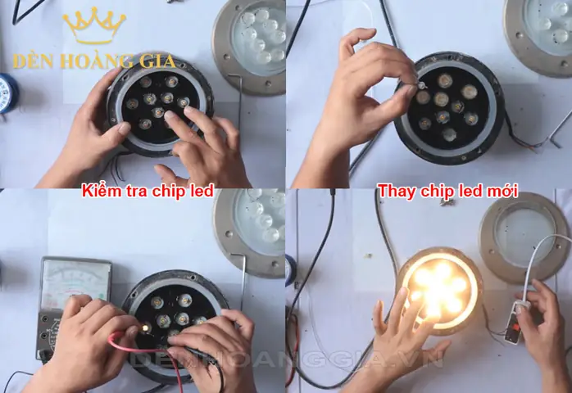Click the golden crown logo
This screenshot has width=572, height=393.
[x=94, y=26]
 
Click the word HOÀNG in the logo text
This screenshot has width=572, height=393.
[x=88, y=61]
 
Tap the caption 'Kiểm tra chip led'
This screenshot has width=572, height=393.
[x=148, y=192]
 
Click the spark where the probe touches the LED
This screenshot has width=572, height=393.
[x=145, y=327]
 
